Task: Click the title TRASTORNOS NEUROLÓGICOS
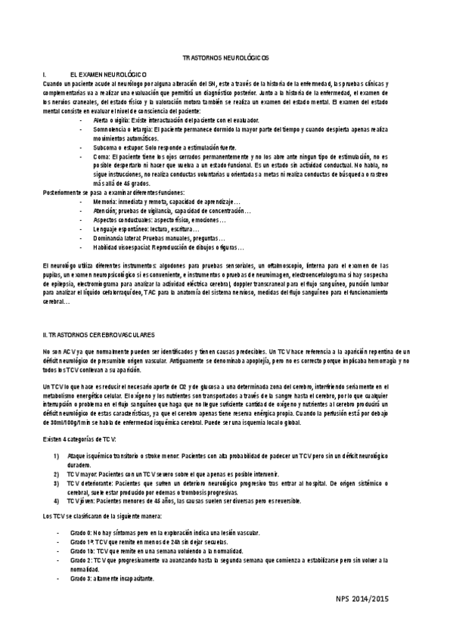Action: [226, 58]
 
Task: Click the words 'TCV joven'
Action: [79, 500]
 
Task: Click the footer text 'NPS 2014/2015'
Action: [362, 599]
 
